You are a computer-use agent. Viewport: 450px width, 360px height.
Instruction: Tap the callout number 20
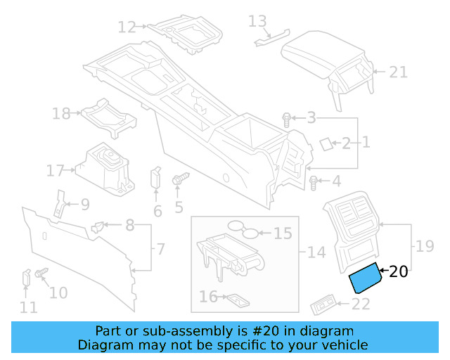coord(398,271)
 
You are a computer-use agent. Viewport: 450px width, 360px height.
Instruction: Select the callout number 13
coord(258,21)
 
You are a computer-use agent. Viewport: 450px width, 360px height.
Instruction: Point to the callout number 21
coord(398,71)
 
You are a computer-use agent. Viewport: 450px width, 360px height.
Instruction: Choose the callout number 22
coord(361,304)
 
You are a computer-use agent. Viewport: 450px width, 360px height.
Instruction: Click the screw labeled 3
coord(287,120)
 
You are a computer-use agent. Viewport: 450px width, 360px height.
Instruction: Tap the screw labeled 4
coord(314,183)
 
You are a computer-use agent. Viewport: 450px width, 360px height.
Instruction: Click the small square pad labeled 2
coord(326,143)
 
